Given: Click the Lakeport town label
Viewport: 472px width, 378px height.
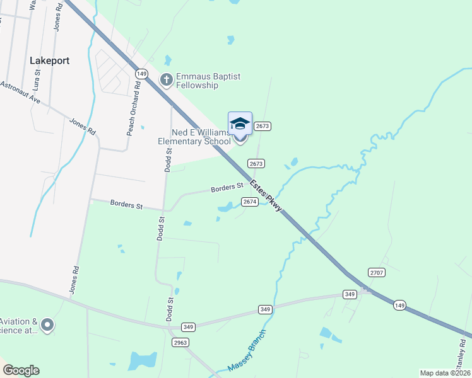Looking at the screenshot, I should tap(49, 60).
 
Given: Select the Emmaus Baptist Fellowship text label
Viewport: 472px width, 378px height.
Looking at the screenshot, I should tap(208, 81).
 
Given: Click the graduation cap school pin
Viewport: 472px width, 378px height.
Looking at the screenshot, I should tap(240, 123).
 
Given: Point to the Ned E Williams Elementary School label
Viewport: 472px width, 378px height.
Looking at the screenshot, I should tap(194, 137).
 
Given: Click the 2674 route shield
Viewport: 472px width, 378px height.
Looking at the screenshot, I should tap(250, 202).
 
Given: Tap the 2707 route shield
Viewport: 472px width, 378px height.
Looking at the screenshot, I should tap(377, 272).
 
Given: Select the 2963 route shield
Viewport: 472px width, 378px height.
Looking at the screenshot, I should tap(180, 342).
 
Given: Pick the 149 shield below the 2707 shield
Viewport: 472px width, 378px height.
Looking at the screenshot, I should tap(399, 306).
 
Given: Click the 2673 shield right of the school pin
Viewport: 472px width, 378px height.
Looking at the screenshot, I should tap(263, 127).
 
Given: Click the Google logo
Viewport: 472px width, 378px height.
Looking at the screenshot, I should tap(21, 370).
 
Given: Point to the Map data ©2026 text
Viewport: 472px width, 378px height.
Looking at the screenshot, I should tap(444, 373).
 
